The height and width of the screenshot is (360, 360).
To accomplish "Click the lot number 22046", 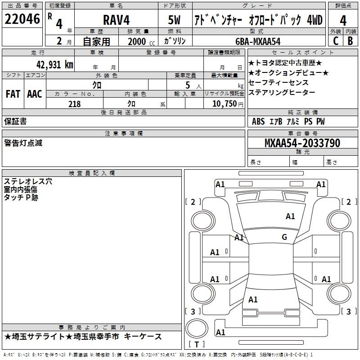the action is click(x=22, y=19).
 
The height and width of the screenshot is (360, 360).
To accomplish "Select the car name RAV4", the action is click(x=116, y=20).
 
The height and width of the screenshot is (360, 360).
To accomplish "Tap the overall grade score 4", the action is click(x=343, y=20).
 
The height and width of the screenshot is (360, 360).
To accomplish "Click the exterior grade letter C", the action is click(x=336, y=41).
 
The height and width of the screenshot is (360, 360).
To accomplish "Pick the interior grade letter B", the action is click(x=350, y=41).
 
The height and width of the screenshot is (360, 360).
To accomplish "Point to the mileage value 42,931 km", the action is click(x=55, y=65).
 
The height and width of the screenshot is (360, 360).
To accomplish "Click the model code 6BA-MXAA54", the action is click(x=258, y=41).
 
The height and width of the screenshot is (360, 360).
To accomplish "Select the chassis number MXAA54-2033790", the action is click(x=302, y=143).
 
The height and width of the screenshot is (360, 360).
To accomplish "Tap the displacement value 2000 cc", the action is click(x=141, y=41).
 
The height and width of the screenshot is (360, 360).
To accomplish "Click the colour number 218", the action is click(x=75, y=104).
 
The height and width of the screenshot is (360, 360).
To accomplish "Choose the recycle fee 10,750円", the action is click(x=228, y=104).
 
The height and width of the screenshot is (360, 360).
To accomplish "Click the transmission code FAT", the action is click(x=13, y=94).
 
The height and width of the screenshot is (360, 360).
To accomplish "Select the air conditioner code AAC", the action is click(x=35, y=94).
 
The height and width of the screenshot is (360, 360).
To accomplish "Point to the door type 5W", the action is click(x=174, y=20).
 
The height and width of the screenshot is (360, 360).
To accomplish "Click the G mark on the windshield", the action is click(x=284, y=237).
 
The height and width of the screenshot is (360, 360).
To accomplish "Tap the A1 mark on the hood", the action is click(x=290, y=216).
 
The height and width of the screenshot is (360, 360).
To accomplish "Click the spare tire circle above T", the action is click(x=197, y=328).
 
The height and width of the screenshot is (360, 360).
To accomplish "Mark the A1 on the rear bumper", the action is click(x=220, y=332).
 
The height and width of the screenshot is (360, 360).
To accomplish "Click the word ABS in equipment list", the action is click(x=258, y=121).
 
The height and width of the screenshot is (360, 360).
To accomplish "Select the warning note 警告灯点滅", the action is click(x=23, y=143).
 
